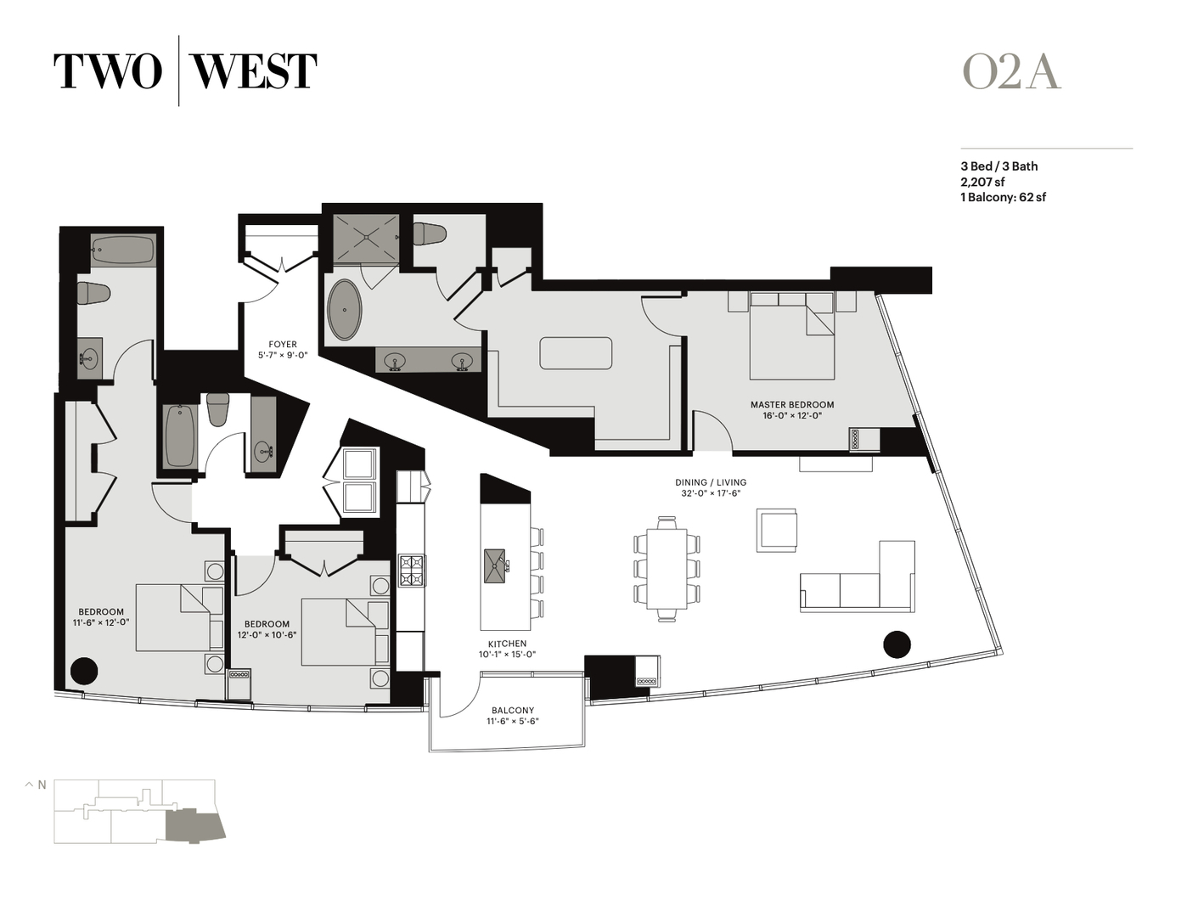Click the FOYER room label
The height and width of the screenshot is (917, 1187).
click(283, 345)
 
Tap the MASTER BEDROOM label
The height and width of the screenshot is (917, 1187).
click(791, 405)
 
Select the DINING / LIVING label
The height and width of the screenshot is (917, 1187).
click(711, 482)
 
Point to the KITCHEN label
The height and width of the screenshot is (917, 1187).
click(507, 644)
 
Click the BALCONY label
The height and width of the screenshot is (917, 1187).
click(513, 711)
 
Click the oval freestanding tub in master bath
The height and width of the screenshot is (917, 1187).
click(345, 310)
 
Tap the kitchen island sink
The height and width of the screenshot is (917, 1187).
click(495, 566)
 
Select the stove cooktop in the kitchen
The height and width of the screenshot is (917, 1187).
click(412, 570)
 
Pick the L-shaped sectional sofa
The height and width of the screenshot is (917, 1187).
click(858, 582)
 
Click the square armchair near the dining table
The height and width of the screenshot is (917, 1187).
click(777, 531)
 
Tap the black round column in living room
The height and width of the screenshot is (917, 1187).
click(897, 644)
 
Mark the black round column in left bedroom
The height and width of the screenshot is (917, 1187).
click(83, 671)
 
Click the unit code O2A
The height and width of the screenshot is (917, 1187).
click(1010, 72)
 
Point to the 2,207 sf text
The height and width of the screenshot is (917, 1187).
click(982, 182)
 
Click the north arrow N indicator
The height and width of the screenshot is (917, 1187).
click(36, 785)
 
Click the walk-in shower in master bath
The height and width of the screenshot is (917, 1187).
click(364, 239)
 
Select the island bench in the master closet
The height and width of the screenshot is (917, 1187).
click(576, 353)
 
